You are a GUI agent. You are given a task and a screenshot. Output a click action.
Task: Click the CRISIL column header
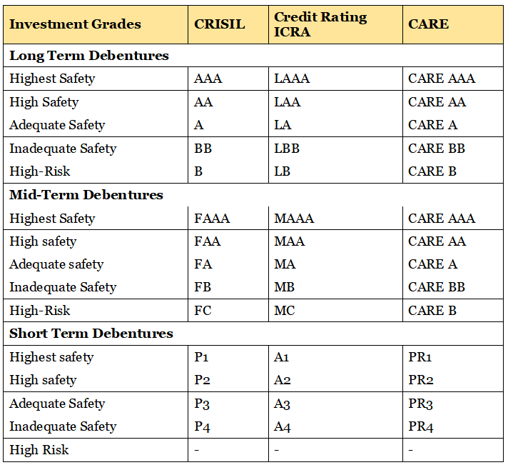[219, 24]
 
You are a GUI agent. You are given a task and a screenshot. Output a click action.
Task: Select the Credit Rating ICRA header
[320, 24]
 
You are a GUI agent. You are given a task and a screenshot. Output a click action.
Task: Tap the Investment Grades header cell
[75, 24]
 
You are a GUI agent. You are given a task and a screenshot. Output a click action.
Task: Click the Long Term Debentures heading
[89, 56]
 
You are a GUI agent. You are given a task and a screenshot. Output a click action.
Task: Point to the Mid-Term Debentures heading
[86, 195]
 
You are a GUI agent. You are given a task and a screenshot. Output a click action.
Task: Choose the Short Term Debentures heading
[91, 334]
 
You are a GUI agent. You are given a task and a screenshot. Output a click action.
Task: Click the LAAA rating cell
[292, 79]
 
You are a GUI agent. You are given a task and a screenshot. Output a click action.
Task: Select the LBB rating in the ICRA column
[287, 149]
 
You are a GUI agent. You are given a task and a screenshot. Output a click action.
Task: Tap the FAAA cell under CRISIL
[212, 219]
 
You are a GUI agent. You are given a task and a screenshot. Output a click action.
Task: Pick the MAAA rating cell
[294, 219]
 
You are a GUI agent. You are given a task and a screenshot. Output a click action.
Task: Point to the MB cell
[285, 287]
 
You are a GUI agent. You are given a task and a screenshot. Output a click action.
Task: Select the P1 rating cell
[201, 357]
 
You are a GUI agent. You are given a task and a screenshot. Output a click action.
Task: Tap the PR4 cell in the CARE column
[421, 426]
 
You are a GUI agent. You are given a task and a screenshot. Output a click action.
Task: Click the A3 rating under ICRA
[283, 404]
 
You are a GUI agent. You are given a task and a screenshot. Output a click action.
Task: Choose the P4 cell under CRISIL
[202, 426]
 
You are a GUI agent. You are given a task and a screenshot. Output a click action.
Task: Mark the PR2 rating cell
[421, 380]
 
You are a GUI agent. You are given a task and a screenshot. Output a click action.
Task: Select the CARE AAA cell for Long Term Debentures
[442, 79]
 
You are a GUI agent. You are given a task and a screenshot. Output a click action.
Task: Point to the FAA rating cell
[208, 241]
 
